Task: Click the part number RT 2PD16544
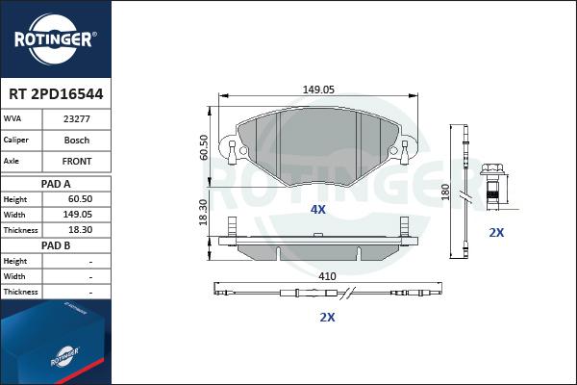click(56, 94)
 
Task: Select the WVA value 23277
click(77, 119)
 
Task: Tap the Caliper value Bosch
click(77, 140)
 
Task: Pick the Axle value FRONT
click(77, 162)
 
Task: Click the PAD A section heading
click(56, 184)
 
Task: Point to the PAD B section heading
click(56, 245)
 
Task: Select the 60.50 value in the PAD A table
click(80, 199)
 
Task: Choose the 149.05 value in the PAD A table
click(78, 215)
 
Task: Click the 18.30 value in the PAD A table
click(80, 230)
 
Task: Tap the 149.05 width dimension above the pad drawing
click(318, 90)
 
